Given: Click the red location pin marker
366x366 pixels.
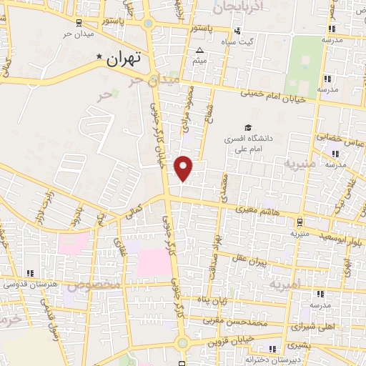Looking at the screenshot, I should click(x=184, y=168).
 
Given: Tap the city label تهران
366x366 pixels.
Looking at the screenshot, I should click(x=126, y=61).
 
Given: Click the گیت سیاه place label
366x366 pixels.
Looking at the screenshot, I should click(x=256, y=41).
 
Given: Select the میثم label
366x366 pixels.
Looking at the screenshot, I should click(x=199, y=61).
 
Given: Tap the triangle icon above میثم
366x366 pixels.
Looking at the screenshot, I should click(x=199, y=50).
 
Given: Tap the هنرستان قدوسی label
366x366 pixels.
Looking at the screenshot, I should click(x=29, y=285).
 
